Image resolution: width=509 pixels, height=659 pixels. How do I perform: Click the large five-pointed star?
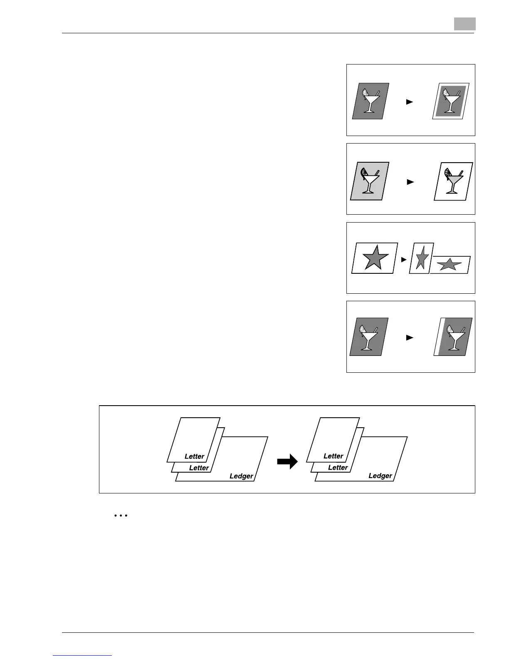point(375,258)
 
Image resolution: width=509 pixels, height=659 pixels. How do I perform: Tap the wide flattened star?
point(449,265)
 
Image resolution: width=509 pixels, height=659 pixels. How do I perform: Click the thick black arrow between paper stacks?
point(288,461)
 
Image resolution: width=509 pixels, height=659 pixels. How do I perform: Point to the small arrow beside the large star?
point(403,260)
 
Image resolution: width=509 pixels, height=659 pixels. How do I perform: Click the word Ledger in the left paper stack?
point(241,476)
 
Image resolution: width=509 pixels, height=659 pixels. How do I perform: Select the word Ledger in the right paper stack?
point(380,476)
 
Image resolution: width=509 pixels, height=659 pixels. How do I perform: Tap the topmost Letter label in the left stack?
point(194,456)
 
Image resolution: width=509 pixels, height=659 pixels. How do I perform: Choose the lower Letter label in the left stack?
point(199,468)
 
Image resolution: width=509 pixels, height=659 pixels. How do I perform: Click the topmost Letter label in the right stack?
point(333,456)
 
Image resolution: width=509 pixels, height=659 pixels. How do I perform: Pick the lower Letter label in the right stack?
point(338,467)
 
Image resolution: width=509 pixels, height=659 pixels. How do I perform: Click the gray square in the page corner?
point(464,24)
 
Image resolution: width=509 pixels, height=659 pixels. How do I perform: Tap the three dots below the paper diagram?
point(120,516)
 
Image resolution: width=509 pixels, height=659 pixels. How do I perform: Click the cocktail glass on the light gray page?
point(368,181)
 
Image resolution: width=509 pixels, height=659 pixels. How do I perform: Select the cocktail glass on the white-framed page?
point(450,102)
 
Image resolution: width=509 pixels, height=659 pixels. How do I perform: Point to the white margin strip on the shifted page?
point(437,337)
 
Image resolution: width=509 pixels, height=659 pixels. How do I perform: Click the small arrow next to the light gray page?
point(410,182)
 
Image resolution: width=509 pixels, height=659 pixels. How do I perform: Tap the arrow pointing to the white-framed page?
point(410,102)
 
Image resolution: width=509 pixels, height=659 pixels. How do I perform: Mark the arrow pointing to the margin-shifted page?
point(410,338)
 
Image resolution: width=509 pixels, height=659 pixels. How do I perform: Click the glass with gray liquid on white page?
point(452,181)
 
